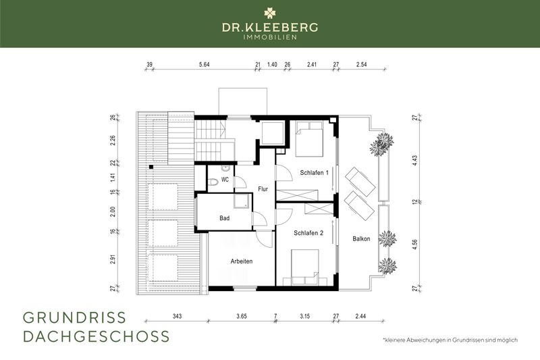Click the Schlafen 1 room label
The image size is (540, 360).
(314, 173)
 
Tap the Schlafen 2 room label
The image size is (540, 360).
(308, 232)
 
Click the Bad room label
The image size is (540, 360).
(225, 218)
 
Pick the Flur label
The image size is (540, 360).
(263, 189)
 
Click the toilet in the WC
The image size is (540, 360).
(213, 181)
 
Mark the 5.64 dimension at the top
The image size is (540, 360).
(203, 65)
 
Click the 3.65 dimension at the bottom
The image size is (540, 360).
(241, 316)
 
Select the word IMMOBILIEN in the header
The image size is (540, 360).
(270, 36)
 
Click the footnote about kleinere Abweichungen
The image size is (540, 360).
(450, 339)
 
